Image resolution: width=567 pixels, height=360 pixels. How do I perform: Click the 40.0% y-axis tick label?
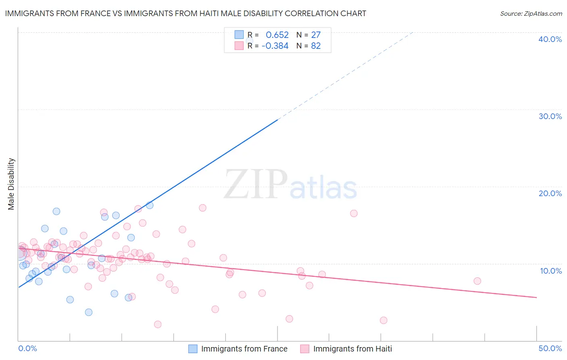click(550, 39)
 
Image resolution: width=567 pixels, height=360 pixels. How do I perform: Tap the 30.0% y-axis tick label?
click(550, 116)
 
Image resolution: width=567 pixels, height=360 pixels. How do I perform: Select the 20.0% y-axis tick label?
click(550, 193)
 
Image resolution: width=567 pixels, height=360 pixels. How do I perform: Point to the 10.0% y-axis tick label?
click(550, 271)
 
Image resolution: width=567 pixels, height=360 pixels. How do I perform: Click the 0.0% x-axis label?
click(27, 348)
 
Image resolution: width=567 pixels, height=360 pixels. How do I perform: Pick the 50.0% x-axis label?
click(550, 348)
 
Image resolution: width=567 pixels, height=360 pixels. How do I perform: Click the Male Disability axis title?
click(11, 184)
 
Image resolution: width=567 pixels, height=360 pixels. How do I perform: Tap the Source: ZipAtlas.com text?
click(531, 14)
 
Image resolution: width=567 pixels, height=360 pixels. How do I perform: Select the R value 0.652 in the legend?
click(277, 35)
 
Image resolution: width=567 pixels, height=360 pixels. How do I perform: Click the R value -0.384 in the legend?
click(275, 46)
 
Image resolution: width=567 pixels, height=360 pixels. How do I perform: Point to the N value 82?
click(316, 46)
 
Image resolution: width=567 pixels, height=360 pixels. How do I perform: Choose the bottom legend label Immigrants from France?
click(244, 349)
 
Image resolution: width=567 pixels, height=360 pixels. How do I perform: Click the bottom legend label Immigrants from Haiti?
click(352, 349)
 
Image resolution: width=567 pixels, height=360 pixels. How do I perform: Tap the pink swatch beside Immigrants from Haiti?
click(304, 349)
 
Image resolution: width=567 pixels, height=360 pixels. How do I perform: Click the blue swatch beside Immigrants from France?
click(193, 349)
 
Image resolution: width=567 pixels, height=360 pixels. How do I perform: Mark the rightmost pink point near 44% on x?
click(477, 281)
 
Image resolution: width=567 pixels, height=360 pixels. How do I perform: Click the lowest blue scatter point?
click(89, 312)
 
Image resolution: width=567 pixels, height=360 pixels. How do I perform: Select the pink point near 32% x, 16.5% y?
click(354, 213)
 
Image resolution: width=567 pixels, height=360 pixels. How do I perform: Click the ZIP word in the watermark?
click(255, 184)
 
